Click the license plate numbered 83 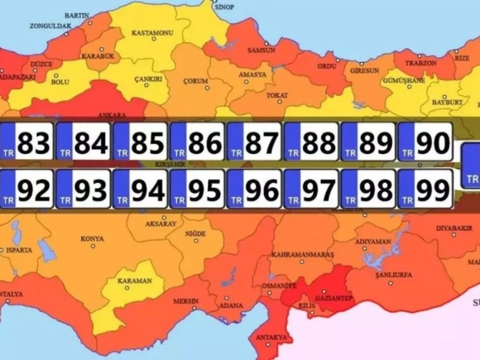pos(27,142)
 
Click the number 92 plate pos(27,190)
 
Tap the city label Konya pos(92,239)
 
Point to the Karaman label pos(134,280)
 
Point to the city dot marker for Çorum pos(196,88)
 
